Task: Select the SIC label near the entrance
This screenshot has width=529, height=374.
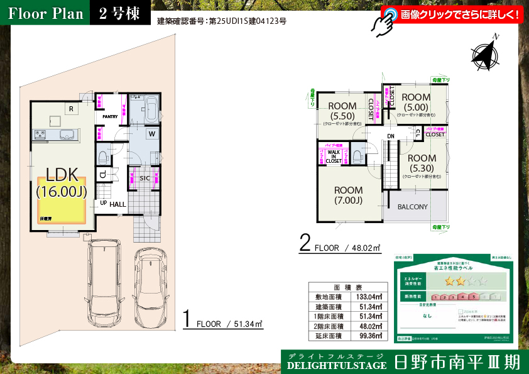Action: pos(144,179)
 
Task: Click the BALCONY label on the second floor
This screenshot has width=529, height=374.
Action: pos(412,207)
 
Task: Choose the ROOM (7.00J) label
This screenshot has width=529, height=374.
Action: pos(348,195)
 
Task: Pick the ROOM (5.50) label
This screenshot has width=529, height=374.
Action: pos(342,111)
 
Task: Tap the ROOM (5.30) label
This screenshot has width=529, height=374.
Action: pos(421,163)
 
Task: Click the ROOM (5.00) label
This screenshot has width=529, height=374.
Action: pos(415,102)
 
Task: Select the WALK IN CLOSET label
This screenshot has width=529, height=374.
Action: pos(334,157)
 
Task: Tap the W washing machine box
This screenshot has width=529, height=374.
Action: pos(153,134)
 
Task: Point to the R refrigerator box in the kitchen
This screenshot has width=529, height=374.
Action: pos(72,109)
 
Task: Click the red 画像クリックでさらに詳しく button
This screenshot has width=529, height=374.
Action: pos(452,14)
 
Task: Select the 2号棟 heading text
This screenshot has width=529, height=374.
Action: pos(119,14)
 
